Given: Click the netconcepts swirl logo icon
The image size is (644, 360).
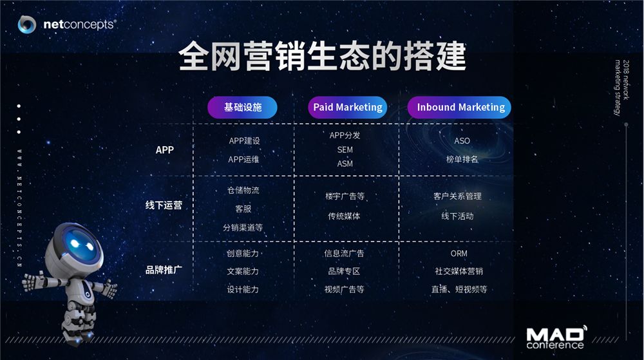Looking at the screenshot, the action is tap(27, 24).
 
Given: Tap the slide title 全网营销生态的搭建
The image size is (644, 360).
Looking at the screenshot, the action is tap(323, 56).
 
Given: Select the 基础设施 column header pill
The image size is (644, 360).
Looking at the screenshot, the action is tap(242, 108).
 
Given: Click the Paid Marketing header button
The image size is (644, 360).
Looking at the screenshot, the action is tap(348, 108).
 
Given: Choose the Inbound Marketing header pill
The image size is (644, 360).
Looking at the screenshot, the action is tap(459, 108).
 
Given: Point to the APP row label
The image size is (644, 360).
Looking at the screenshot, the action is tap(165, 150).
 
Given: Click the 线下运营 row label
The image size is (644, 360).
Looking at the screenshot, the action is tap(164, 205).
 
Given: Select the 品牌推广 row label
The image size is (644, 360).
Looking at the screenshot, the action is tap(164, 270).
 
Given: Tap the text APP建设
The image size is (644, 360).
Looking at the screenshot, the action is tap(244, 141).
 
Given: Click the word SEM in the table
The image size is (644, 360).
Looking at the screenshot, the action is tap(345, 150).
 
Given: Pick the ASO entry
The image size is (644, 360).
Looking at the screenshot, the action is tap(462, 141).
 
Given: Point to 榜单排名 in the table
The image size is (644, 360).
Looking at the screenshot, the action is tap(462, 159).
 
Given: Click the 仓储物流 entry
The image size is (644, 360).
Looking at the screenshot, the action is tap(243, 190).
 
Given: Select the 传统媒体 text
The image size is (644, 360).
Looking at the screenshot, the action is tap(344, 216).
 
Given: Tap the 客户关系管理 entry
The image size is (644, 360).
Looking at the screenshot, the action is tap(457, 196).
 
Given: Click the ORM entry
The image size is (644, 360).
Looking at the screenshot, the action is tap(459, 254).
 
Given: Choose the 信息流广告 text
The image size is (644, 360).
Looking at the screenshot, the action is tap(344, 253).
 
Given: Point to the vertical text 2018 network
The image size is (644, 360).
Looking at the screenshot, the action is tap(626, 80).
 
